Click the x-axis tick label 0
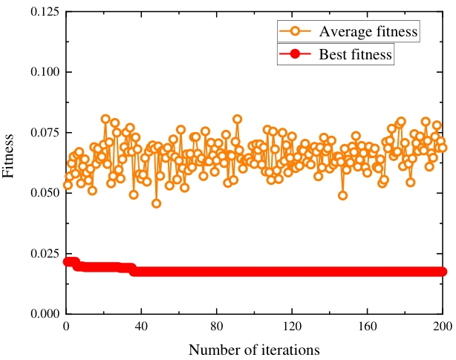66,326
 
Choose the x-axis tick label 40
141,326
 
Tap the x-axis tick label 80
216,326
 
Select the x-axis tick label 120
292,326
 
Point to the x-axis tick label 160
367,326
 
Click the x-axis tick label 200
442,326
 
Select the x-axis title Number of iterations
254,348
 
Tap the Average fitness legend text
368,32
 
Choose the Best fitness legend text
355,54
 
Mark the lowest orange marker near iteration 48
156,203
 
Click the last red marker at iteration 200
442,272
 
